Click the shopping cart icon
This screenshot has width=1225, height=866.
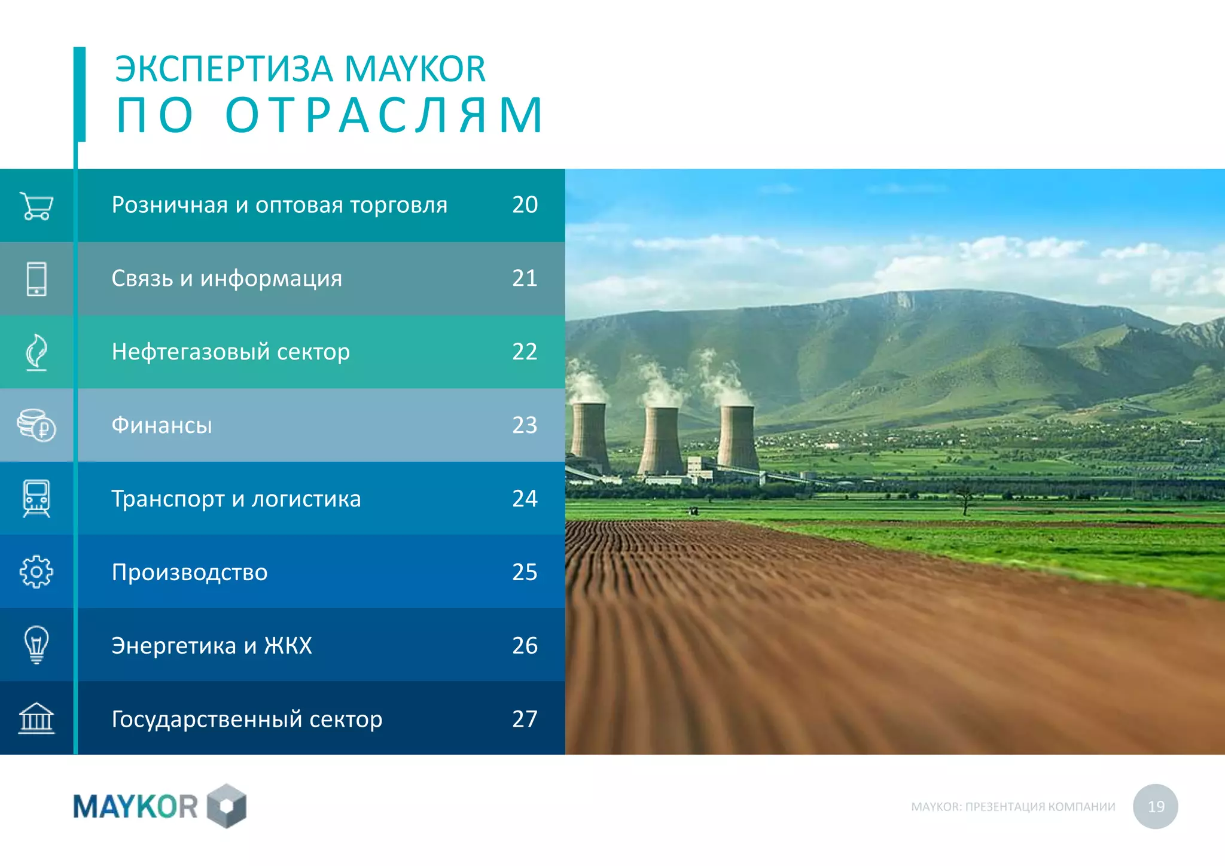(x=36, y=206)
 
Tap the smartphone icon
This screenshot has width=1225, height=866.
(x=36, y=279)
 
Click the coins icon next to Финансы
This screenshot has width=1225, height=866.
(x=36, y=425)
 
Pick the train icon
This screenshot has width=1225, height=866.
(x=36, y=498)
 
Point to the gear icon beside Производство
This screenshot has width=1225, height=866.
(x=36, y=572)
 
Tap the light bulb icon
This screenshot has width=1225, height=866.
(x=36, y=645)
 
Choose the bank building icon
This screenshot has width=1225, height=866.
(x=36, y=718)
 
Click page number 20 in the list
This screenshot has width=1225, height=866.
(x=525, y=205)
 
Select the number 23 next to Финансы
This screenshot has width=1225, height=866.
(x=525, y=425)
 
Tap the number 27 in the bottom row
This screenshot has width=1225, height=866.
(x=525, y=719)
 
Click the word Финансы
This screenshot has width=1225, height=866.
(x=161, y=425)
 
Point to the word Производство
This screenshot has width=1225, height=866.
(x=190, y=572)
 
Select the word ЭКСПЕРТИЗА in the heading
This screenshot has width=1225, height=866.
(x=224, y=69)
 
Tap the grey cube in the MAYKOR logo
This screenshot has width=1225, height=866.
(x=227, y=806)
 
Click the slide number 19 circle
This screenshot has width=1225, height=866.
(x=1155, y=806)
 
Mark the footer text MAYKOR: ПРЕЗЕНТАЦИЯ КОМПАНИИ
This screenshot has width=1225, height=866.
(x=1013, y=807)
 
